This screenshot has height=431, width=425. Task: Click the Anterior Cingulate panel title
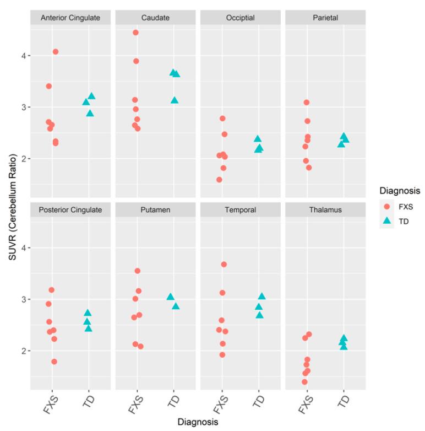[x=70, y=17]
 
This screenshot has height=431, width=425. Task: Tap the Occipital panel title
[x=241, y=17]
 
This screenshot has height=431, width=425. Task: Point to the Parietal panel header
[x=325, y=17]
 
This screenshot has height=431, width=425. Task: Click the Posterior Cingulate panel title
[x=70, y=209]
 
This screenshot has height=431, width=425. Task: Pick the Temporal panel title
[x=241, y=209]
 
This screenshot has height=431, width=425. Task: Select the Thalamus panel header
[x=325, y=209]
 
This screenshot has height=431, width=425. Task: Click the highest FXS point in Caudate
[x=136, y=33]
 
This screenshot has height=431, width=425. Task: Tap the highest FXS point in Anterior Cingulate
[x=56, y=52]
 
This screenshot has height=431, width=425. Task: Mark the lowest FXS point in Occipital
[x=219, y=180]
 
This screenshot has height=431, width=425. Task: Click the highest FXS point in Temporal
[x=224, y=265]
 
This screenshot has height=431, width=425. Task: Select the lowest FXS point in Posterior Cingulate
[x=54, y=362]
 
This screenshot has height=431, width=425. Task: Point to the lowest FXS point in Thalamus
[x=304, y=382]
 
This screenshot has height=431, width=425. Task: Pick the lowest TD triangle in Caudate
[x=175, y=100]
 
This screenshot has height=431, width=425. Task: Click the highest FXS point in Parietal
[x=307, y=103]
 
